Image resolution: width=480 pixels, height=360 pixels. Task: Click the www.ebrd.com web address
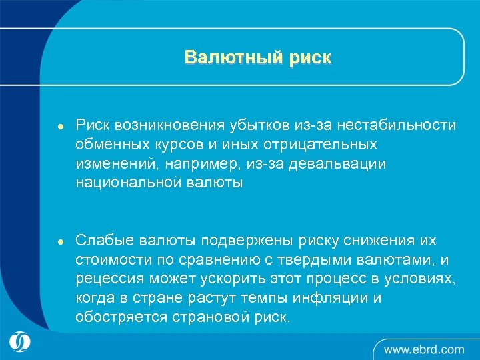[x=424, y=349]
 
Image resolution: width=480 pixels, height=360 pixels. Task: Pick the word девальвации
[x=347, y=163]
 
